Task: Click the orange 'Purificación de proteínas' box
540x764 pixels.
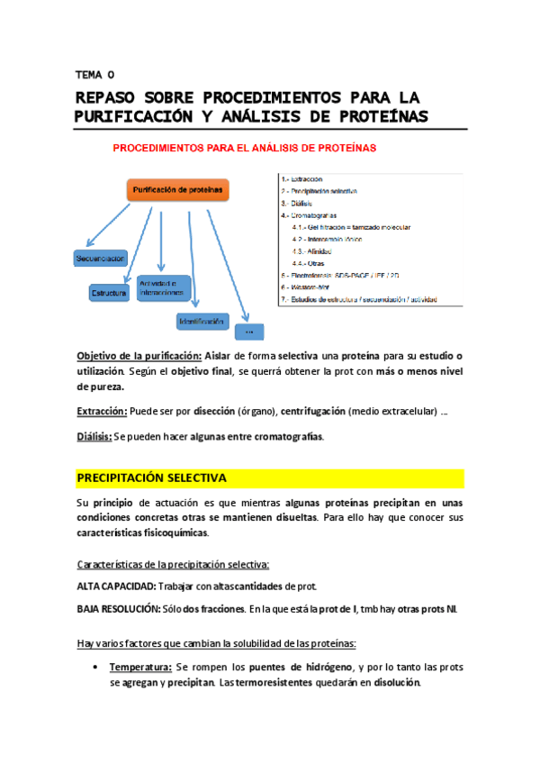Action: pyautogui.click(x=176, y=190)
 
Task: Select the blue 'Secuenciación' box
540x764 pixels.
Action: pyautogui.click(x=100, y=259)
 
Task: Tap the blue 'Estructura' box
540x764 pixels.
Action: pyautogui.click(x=110, y=293)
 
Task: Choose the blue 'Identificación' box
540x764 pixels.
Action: pyautogui.click(x=202, y=320)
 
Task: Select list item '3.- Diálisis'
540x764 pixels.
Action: pyautogui.click(x=296, y=204)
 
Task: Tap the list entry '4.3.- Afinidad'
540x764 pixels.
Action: pyautogui.click(x=316, y=250)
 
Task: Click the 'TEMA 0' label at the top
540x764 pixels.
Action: pyautogui.click(x=94, y=76)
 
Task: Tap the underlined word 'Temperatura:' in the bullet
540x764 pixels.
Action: pyautogui.click(x=139, y=668)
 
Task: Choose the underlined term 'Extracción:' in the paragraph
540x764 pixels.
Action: pyautogui.click(x=101, y=412)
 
